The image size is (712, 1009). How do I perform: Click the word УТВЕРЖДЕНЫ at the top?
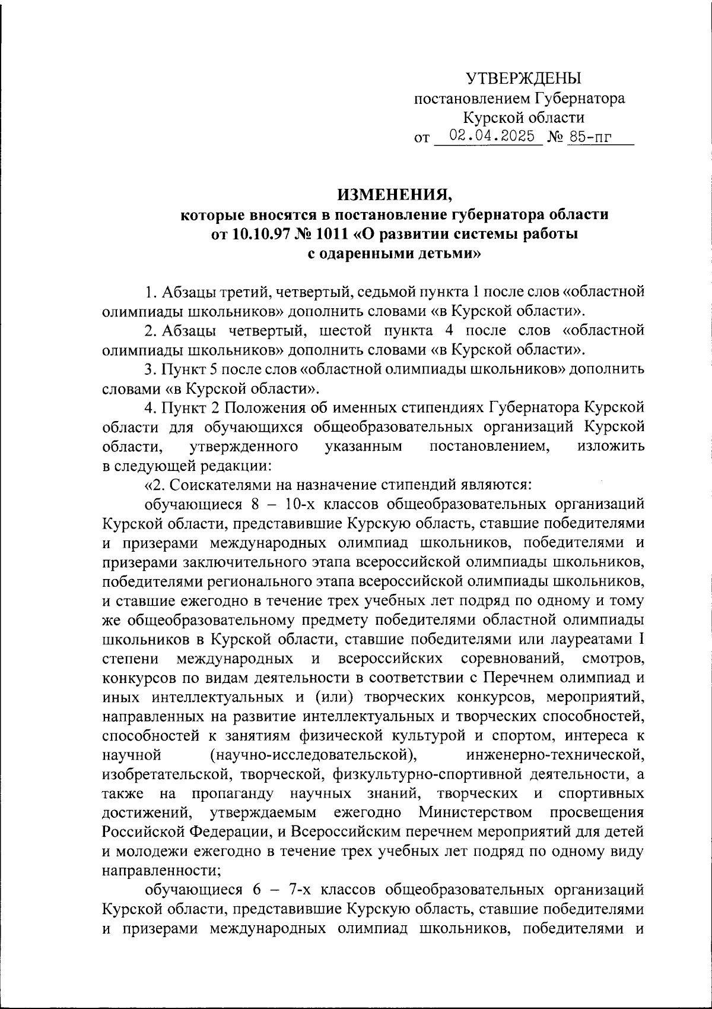(524, 78)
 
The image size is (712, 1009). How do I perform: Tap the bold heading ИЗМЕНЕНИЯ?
(395, 194)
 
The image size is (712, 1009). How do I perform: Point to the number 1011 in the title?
(333, 234)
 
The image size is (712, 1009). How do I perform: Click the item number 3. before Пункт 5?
(151, 369)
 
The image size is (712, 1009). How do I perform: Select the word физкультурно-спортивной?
(428, 774)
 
